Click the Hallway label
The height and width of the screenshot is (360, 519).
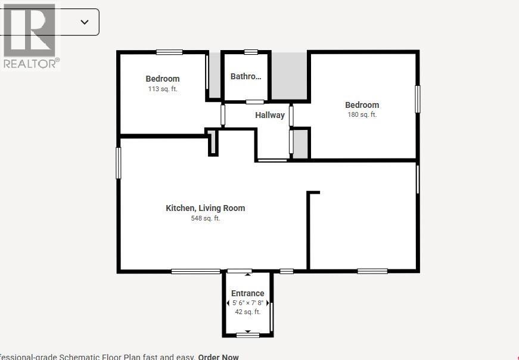[270, 115]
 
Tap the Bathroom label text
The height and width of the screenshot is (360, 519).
[245, 76]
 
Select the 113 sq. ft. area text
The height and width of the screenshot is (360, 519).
[163, 89]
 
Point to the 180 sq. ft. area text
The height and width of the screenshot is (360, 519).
[362, 114]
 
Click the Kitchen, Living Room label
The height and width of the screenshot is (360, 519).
[205, 208]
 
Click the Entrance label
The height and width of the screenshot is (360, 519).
[247, 293]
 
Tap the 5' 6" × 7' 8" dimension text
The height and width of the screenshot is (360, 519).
[247, 303]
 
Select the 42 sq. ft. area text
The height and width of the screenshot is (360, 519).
[247, 312]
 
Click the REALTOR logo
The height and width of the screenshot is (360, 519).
[29, 36]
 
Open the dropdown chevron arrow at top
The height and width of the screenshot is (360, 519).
[85, 22]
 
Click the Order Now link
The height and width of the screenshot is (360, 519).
[218, 356]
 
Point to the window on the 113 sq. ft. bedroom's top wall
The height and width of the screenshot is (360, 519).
[169, 52]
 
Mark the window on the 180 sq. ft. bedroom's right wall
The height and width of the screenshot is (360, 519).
[418, 99]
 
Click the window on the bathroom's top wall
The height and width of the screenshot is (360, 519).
[251, 52]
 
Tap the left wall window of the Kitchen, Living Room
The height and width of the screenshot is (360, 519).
[119, 163]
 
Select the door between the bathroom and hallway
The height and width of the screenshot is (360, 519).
[256, 102]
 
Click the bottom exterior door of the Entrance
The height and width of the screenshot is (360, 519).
[247, 335]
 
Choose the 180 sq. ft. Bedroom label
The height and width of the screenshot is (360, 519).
[362, 105]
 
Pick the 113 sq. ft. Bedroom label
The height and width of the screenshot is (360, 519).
[163, 79]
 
